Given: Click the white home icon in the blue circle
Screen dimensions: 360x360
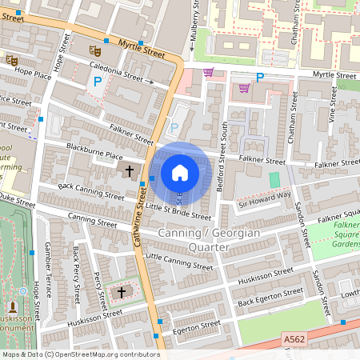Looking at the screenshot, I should pos(180,173).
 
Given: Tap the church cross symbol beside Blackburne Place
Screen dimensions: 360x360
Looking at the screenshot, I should pos(130,170).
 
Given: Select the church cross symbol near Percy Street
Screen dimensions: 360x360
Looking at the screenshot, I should pos(122,293).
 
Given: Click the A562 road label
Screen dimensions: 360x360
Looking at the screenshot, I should pos(295,340).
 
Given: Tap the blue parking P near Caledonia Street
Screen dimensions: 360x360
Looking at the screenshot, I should pos(98,82).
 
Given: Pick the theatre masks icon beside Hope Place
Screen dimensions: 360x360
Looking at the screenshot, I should pos(11,60).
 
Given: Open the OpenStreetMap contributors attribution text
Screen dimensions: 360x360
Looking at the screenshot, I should pos(81,354).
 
